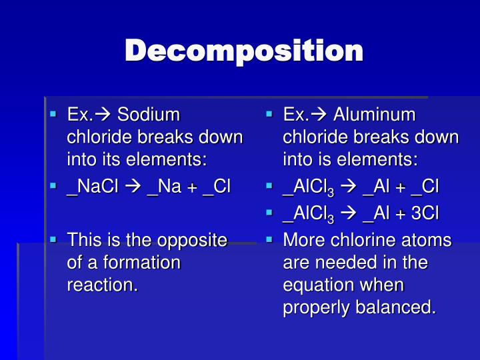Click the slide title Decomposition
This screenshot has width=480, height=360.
coord(244,51)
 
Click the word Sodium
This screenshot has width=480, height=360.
coord(149,115)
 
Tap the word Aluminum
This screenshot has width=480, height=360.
coord(374,115)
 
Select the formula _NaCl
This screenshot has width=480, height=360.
coord(92,185)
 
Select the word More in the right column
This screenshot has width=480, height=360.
coord(302,240)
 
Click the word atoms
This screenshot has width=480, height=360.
coord(426,240)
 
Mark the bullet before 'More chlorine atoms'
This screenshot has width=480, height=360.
coord(270,239)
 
